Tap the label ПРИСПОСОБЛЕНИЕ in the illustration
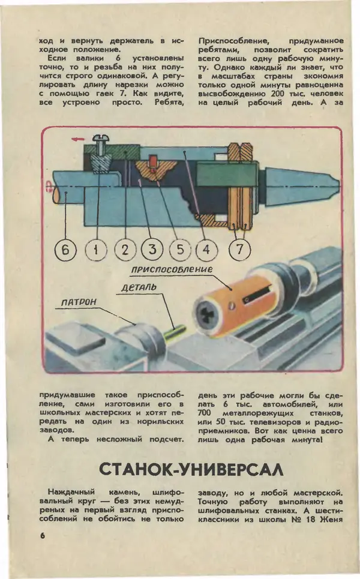click(172, 270)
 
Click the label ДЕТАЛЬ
click(138, 288)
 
